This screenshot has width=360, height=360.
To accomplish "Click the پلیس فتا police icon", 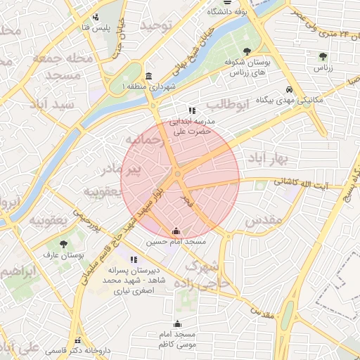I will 95,16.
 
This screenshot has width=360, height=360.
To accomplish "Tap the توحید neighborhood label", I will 155,25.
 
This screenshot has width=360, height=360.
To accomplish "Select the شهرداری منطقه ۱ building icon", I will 148,76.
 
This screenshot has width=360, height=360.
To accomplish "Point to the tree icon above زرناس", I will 323,56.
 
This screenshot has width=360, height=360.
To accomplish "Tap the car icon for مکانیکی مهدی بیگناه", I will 290,90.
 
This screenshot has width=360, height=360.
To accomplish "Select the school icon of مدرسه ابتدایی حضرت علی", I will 191,110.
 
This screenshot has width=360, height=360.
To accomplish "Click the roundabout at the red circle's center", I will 179,174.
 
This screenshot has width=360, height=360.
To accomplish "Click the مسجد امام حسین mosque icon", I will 176,231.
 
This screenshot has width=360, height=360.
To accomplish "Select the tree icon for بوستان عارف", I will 63,244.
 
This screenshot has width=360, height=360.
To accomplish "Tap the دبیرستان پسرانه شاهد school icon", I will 134,259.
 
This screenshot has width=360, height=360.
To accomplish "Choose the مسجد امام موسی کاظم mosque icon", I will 176,323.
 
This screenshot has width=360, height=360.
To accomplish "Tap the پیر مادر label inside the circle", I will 141,169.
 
